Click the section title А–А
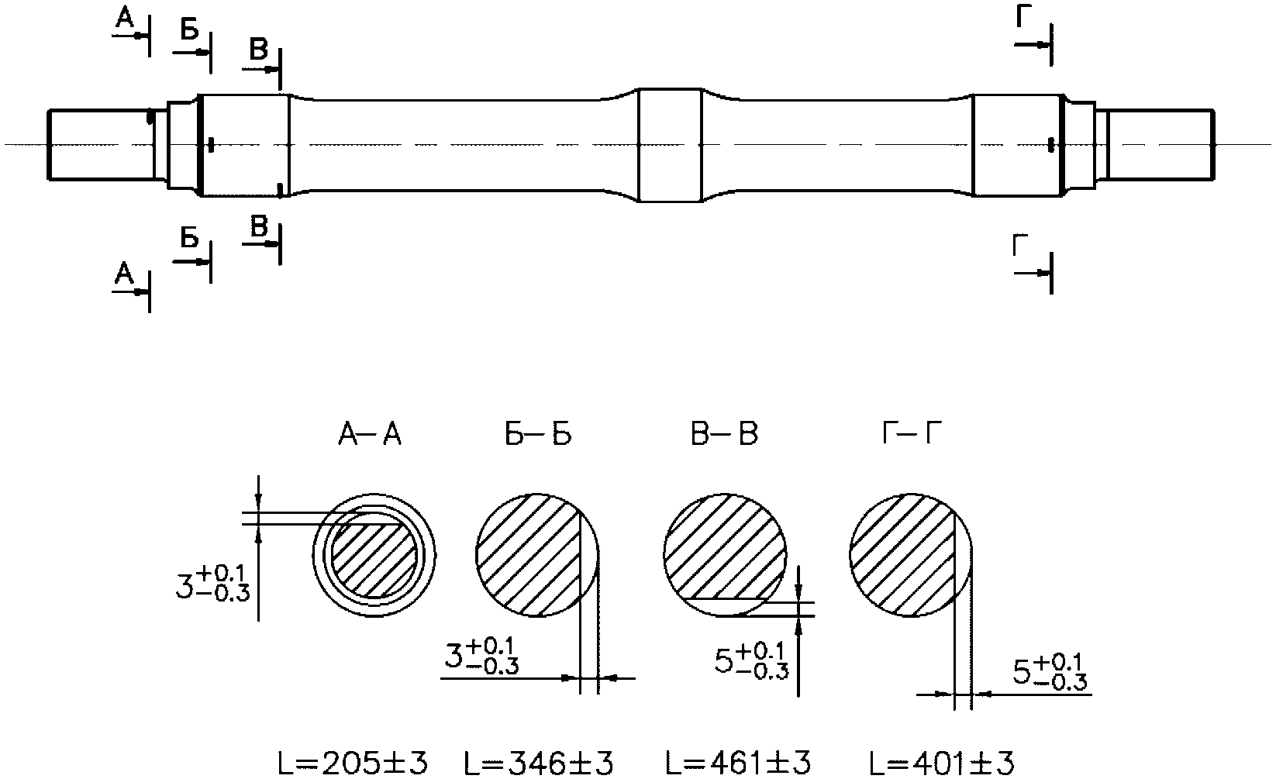click(x=370, y=434)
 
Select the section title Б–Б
click(x=538, y=434)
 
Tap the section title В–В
click(x=725, y=434)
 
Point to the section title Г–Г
click(x=912, y=434)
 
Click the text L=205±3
click(x=353, y=763)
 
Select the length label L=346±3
click(x=539, y=763)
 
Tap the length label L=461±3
click(x=738, y=763)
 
